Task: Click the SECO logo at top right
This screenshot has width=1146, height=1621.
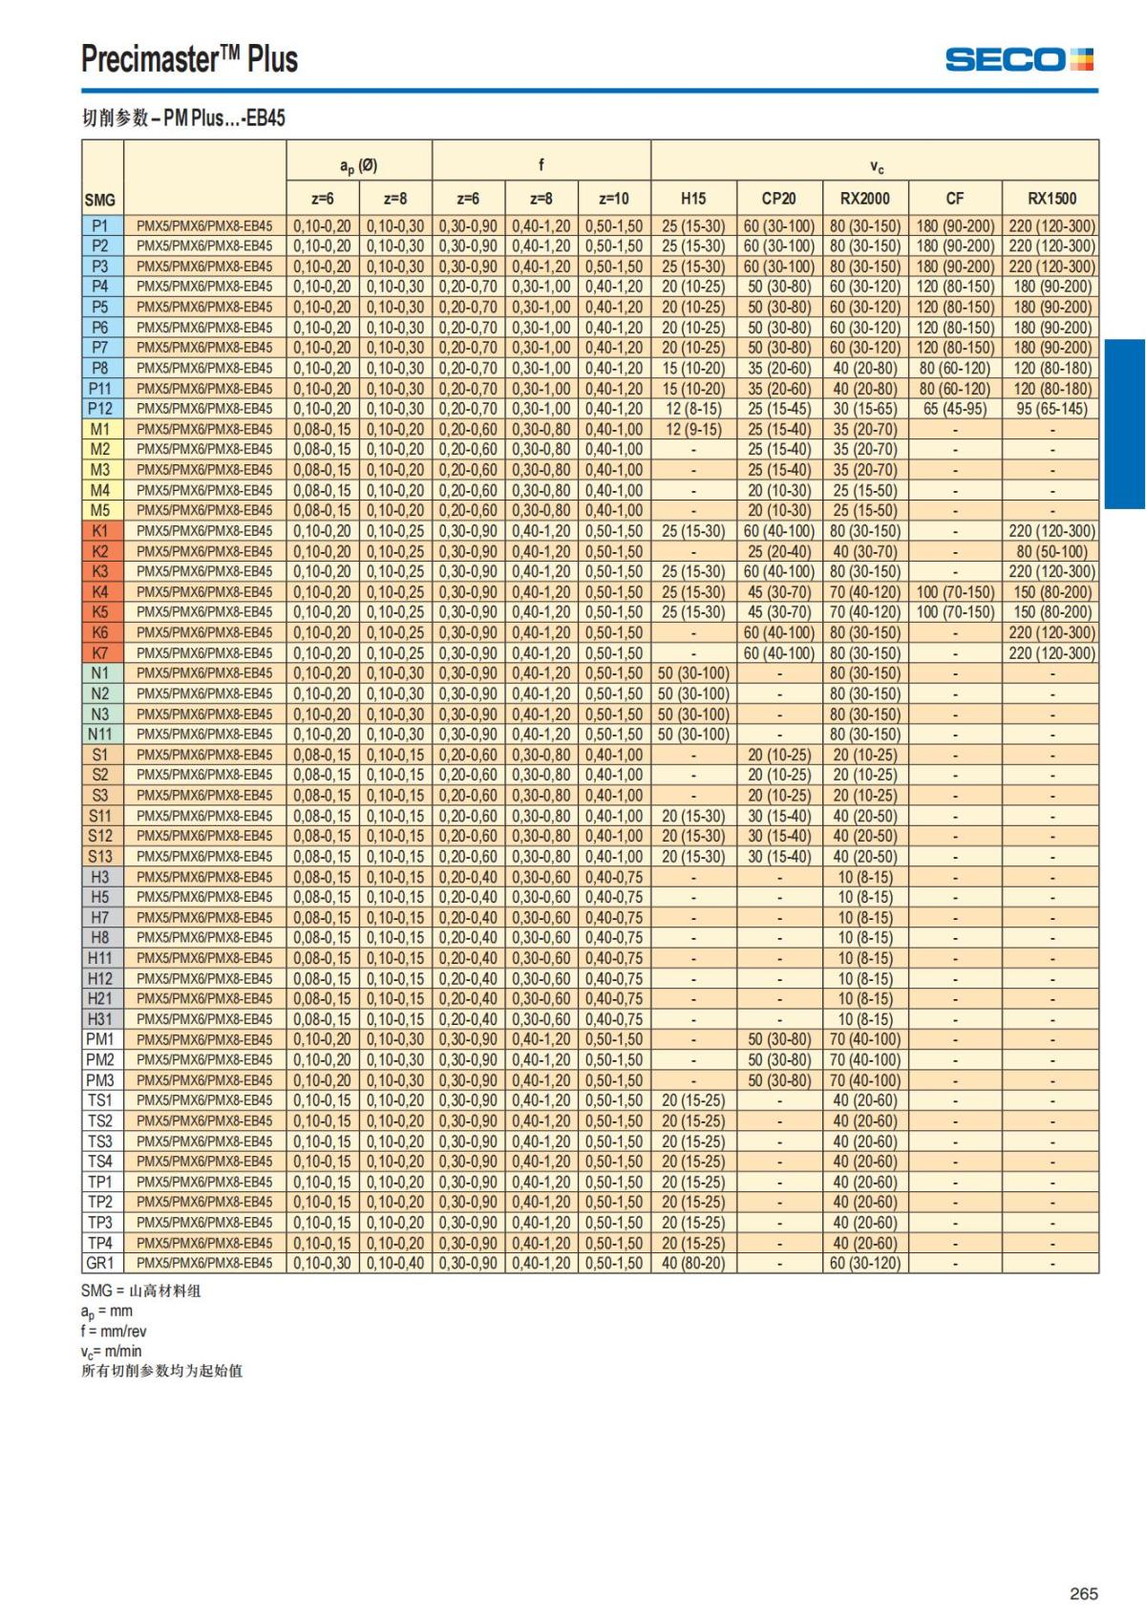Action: [x=1019, y=59]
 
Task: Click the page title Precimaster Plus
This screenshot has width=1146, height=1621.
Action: [x=189, y=59]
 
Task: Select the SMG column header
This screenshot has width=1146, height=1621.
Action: [x=99, y=200]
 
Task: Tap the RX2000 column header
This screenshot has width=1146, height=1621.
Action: [x=865, y=199]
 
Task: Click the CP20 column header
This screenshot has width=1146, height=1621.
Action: [x=779, y=199]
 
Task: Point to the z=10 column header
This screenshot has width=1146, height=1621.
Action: [x=614, y=199]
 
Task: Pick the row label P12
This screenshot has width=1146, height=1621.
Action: [x=100, y=409]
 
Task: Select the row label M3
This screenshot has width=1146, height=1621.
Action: [x=100, y=470]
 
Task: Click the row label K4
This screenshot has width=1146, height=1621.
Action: [x=100, y=592]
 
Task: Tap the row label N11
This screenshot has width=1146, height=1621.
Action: [x=100, y=735]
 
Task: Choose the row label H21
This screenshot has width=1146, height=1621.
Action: [x=100, y=998]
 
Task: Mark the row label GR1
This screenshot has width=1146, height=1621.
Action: [x=100, y=1263]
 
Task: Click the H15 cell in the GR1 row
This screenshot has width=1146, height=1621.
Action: [x=693, y=1263]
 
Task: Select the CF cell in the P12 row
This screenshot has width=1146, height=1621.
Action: [x=955, y=409]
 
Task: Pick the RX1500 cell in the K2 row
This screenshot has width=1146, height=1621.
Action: [x=1051, y=551]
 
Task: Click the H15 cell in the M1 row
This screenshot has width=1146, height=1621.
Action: [x=693, y=429]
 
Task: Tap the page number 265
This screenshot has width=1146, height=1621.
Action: [x=1084, y=1593]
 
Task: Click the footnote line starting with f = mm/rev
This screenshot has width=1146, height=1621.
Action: [x=114, y=1331]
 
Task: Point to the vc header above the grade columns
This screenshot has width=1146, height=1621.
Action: [x=876, y=166]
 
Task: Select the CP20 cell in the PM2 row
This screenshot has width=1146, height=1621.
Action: [x=779, y=1059]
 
